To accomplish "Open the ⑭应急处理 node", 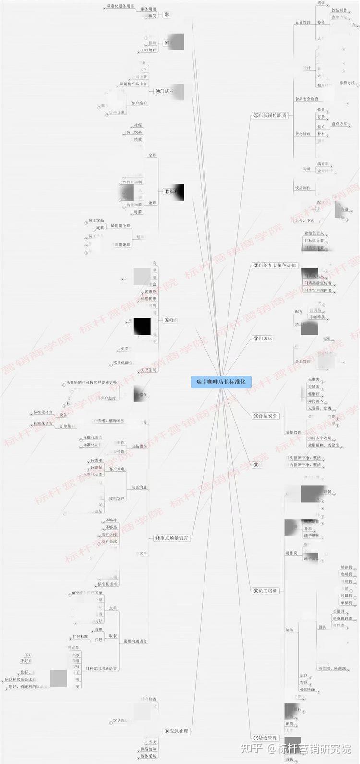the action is click(177, 731).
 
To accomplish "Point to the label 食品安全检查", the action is click(306, 99).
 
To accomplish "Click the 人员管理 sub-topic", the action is click(302, 22).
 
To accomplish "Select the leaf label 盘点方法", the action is click(340, 124).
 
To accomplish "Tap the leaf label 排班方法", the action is click(347, 83).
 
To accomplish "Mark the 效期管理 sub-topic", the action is click(293, 432).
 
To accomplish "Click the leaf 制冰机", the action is click(347, 567).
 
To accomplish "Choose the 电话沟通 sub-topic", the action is click(138, 487).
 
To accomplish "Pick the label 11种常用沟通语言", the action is click(102, 668).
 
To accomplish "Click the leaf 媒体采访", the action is click(149, 756).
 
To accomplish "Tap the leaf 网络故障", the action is click(149, 749).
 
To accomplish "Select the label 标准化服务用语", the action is click(120, 6).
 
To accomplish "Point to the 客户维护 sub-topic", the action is click(139, 103).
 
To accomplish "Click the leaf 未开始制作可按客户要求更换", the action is click(92, 383).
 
